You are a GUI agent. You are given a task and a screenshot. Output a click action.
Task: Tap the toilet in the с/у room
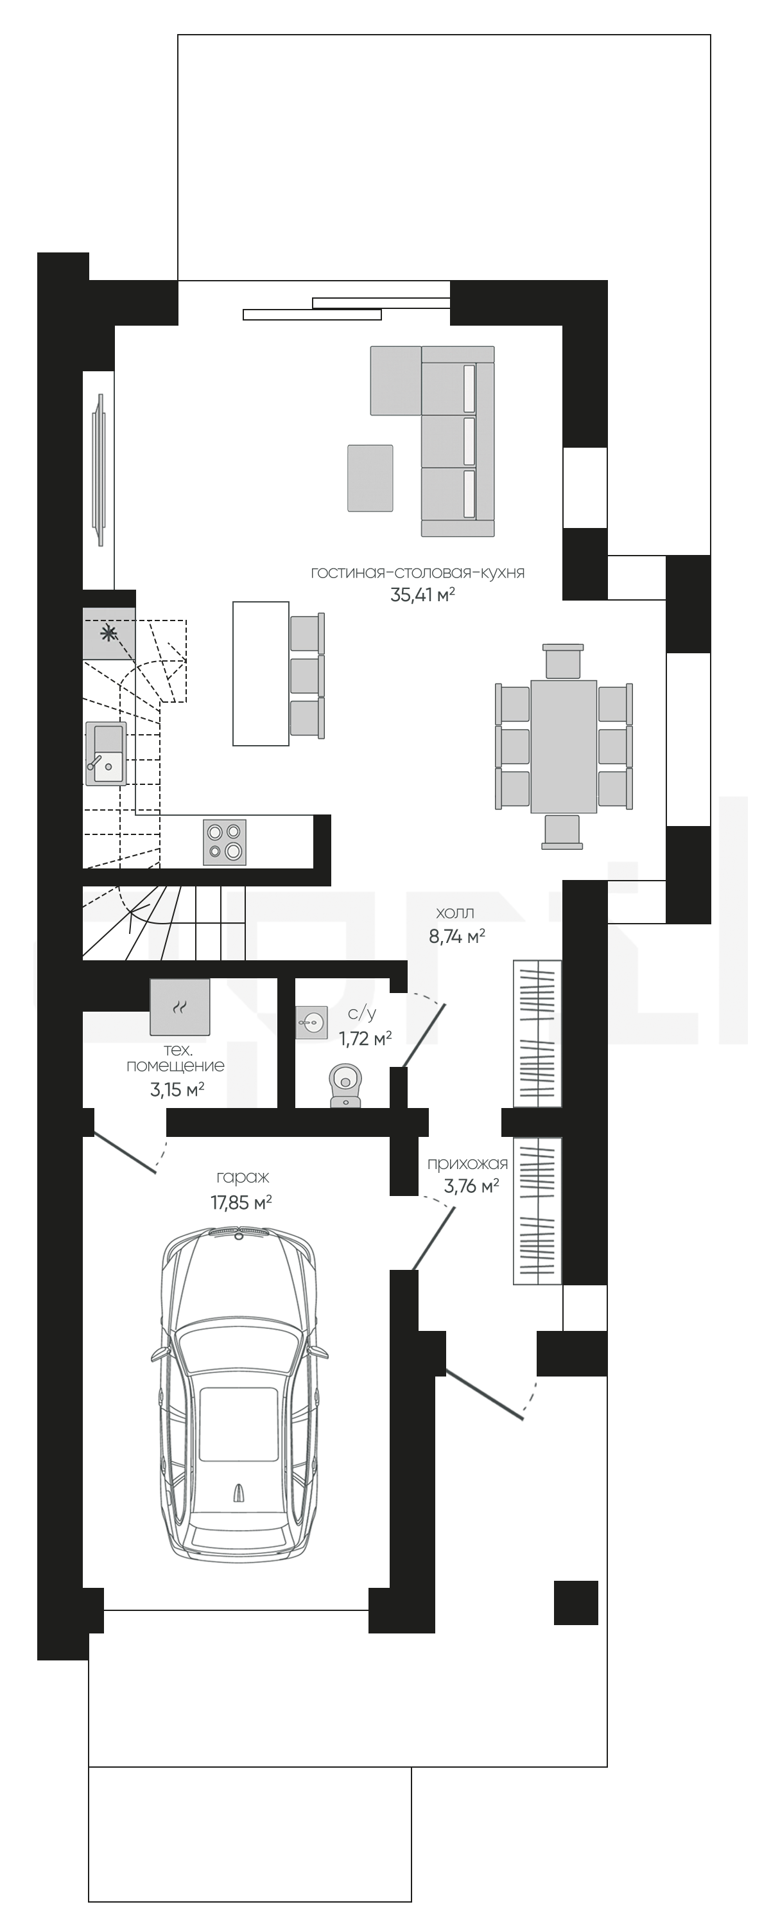click(345, 1085)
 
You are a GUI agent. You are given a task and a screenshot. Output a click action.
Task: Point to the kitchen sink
click(106, 753)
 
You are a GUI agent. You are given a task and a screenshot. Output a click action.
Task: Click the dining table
click(564, 746)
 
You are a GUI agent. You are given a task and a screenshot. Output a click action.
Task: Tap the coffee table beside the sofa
click(370, 478)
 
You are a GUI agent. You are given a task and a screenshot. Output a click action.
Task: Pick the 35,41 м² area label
click(423, 595)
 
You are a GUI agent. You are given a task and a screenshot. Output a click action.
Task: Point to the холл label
click(455, 913)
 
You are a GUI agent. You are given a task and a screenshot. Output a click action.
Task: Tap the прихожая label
click(467, 1163)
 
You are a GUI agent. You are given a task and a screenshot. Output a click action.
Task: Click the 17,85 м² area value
click(241, 1202)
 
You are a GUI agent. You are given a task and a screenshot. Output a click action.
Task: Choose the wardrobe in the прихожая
click(537, 1211)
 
